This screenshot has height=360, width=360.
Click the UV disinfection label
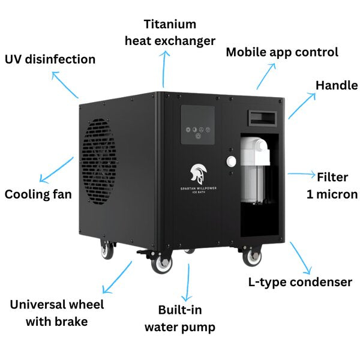tap(50, 59)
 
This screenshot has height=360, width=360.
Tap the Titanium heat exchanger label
tap(170, 32)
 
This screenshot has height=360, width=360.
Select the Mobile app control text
tap(282, 52)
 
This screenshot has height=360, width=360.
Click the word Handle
tap(337, 85)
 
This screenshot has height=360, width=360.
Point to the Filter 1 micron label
tap(332, 185)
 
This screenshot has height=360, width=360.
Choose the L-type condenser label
tap(300, 282)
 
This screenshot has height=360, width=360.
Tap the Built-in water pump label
tap(179, 319)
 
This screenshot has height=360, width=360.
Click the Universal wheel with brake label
tap(57, 313)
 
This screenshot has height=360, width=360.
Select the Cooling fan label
tap(38, 194)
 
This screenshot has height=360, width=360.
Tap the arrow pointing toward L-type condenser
tap(299, 258)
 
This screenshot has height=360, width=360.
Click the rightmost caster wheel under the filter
tap(252, 256)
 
